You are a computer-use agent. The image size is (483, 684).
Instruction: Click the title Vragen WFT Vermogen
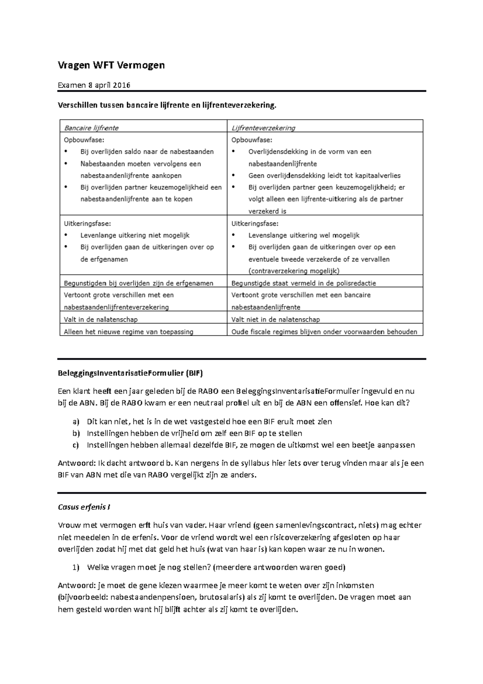(x=111, y=65)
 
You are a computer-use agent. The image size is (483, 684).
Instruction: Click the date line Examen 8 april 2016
(x=94, y=85)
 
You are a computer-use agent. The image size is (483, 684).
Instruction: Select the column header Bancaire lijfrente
(x=91, y=128)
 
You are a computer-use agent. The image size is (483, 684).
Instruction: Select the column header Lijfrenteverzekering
(x=263, y=128)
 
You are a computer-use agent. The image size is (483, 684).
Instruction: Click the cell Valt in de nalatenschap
(x=101, y=319)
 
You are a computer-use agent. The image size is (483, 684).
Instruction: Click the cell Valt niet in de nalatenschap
(x=275, y=319)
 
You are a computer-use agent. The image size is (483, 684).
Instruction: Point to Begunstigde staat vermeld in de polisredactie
(x=303, y=283)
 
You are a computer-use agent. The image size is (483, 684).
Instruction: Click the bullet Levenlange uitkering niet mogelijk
(x=135, y=235)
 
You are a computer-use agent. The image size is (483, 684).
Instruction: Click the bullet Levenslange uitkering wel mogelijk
(x=304, y=235)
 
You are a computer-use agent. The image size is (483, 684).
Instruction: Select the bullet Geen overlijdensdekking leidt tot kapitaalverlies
(x=324, y=176)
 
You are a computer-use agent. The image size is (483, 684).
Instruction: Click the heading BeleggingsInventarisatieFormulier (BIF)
(x=130, y=373)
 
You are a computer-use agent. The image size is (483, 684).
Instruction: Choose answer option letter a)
(x=76, y=422)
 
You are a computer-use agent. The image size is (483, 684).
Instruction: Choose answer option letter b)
(x=76, y=433)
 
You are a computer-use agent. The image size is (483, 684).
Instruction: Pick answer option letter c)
(x=76, y=445)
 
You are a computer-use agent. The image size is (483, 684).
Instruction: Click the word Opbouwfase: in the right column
(x=252, y=140)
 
